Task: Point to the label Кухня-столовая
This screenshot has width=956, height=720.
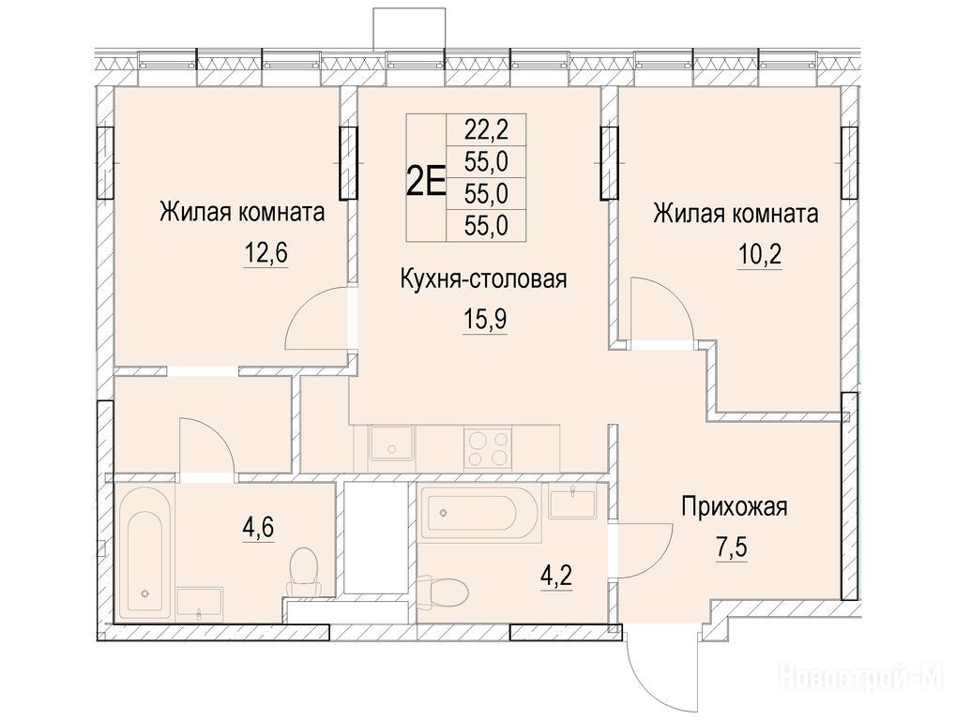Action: [x=483, y=279]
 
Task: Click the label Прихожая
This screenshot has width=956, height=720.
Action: [x=734, y=506]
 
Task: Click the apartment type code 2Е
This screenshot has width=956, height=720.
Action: [x=426, y=178]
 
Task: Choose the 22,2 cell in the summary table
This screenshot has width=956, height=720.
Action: [x=487, y=129]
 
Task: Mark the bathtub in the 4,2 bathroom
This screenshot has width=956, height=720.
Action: [x=479, y=514]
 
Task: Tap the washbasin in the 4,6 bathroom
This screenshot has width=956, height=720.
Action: [x=200, y=605]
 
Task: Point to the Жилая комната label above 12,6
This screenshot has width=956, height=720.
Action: [x=242, y=213]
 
